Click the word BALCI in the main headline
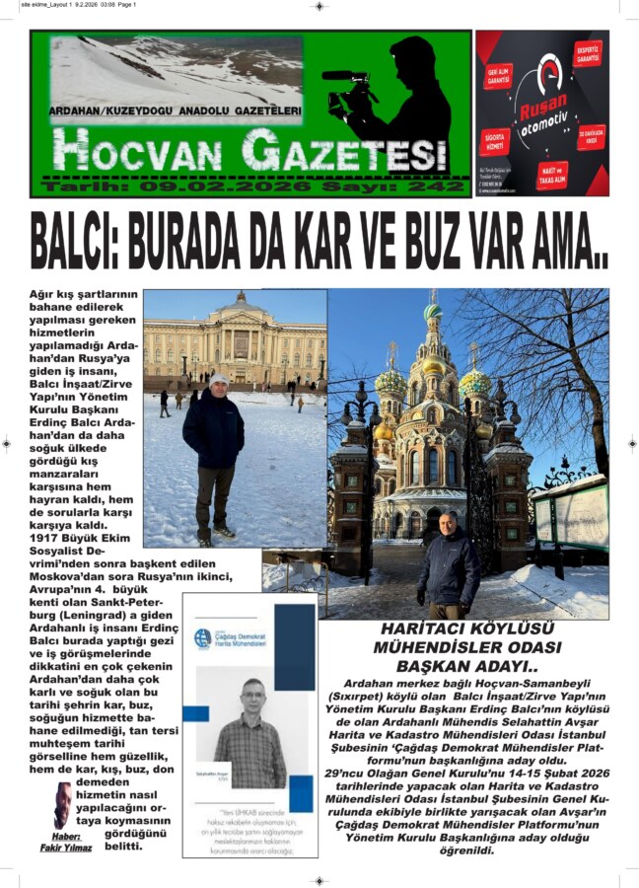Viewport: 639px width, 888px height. [x=85, y=240]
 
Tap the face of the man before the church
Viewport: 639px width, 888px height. [x=448, y=523]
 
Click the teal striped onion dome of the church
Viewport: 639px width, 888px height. [x=433, y=312]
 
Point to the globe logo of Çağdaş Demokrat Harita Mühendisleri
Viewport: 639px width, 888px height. [x=203, y=637]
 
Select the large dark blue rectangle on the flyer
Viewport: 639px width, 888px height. [x=294, y=646]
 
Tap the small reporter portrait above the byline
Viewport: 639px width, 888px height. [x=62, y=806]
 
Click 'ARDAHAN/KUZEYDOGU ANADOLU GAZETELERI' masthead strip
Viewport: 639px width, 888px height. [x=176, y=111]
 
